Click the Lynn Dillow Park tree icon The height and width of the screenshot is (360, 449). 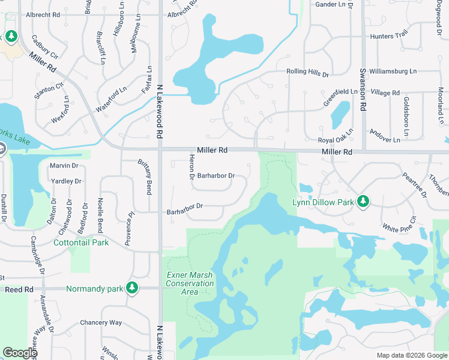(363, 202)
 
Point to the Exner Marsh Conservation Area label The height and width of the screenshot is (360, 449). (190, 283)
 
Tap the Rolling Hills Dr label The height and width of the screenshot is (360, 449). (308, 74)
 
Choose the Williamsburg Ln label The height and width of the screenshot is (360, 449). (393, 71)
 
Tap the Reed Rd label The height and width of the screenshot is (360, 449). (19, 289)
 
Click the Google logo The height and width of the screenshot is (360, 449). (20, 352)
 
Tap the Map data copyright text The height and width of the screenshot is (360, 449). (411, 355)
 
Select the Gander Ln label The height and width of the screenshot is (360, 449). (331, 4)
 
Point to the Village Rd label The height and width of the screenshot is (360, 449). (385, 92)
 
